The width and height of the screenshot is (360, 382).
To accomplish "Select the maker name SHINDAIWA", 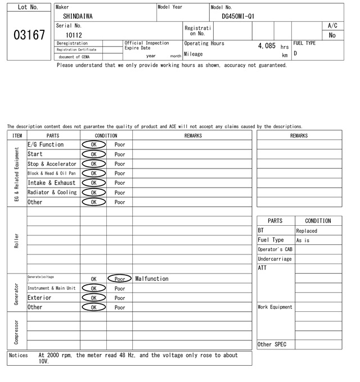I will (78, 16).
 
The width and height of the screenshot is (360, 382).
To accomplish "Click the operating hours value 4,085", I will (267, 46).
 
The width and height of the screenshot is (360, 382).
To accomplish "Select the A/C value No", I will (332, 35).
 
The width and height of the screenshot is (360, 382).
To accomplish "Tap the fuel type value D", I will (295, 54).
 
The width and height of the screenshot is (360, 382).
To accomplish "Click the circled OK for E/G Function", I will (94, 144).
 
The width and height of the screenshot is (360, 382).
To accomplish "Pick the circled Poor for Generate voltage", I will (120, 279).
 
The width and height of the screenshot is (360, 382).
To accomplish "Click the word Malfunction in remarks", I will (152, 279).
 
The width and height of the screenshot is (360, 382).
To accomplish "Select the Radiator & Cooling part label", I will (52, 192).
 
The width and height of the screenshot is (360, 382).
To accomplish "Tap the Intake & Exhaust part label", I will (51, 183).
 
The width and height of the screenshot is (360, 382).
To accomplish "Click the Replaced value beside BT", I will (307, 231).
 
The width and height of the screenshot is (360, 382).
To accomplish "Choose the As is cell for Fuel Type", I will (303, 240).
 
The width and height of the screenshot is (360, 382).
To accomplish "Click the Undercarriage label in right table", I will (274, 259).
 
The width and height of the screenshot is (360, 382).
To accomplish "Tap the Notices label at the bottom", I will (19, 356).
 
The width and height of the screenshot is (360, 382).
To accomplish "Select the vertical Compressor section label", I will (16, 331).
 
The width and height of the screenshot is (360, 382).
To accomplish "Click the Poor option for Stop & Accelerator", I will (120, 163).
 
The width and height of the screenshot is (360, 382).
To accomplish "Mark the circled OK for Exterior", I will (94, 298).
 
